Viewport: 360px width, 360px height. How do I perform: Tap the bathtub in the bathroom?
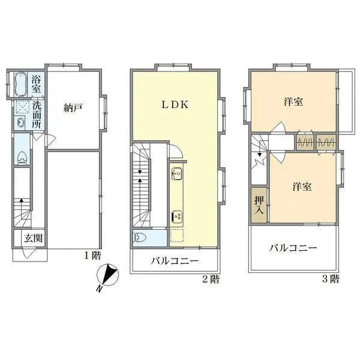(x=20, y=83)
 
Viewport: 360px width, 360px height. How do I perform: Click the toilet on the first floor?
(x=22, y=158)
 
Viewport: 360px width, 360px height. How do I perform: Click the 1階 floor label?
(x=92, y=255)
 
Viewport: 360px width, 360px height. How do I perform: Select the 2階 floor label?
(x=210, y=278)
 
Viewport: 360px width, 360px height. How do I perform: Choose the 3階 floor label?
(x=331, y=278)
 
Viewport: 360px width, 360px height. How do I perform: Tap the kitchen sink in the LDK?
(x=177, y=175)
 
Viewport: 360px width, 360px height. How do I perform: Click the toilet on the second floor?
(x=139, y=236)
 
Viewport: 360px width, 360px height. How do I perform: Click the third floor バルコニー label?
(x=292, y=247)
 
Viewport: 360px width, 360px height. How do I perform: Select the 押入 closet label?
(x=259, y=206)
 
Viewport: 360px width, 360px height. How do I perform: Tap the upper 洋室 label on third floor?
(x=293, y=102)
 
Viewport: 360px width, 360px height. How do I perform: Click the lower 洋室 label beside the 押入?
(x=302, y=187)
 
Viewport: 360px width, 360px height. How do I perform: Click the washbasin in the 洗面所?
(x=20, y=124)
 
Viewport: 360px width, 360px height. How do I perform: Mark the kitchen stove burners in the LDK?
(x=178, y=215)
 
